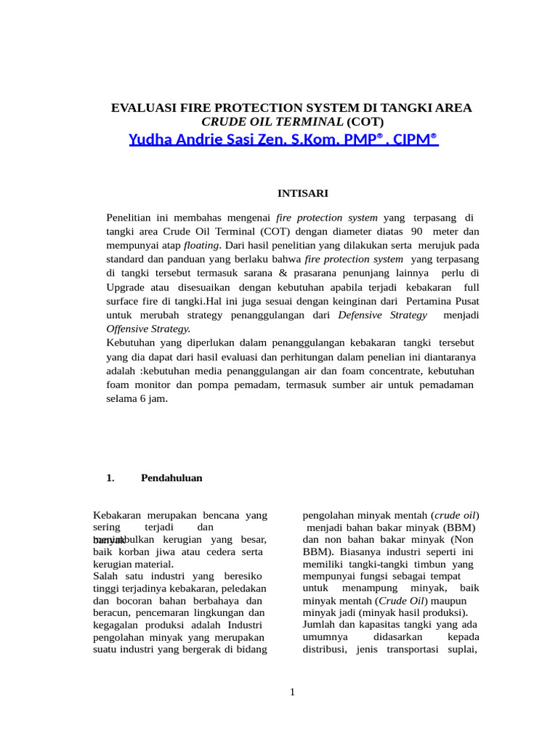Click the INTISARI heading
coord(304,193)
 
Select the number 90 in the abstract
coord(416,231)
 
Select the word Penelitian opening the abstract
coord(131,218)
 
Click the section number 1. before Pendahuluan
coord(110,478)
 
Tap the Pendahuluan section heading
coord(171,478)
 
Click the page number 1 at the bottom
coord(292,692)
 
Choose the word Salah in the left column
coord(106,575)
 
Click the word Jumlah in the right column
coord(318,624)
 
